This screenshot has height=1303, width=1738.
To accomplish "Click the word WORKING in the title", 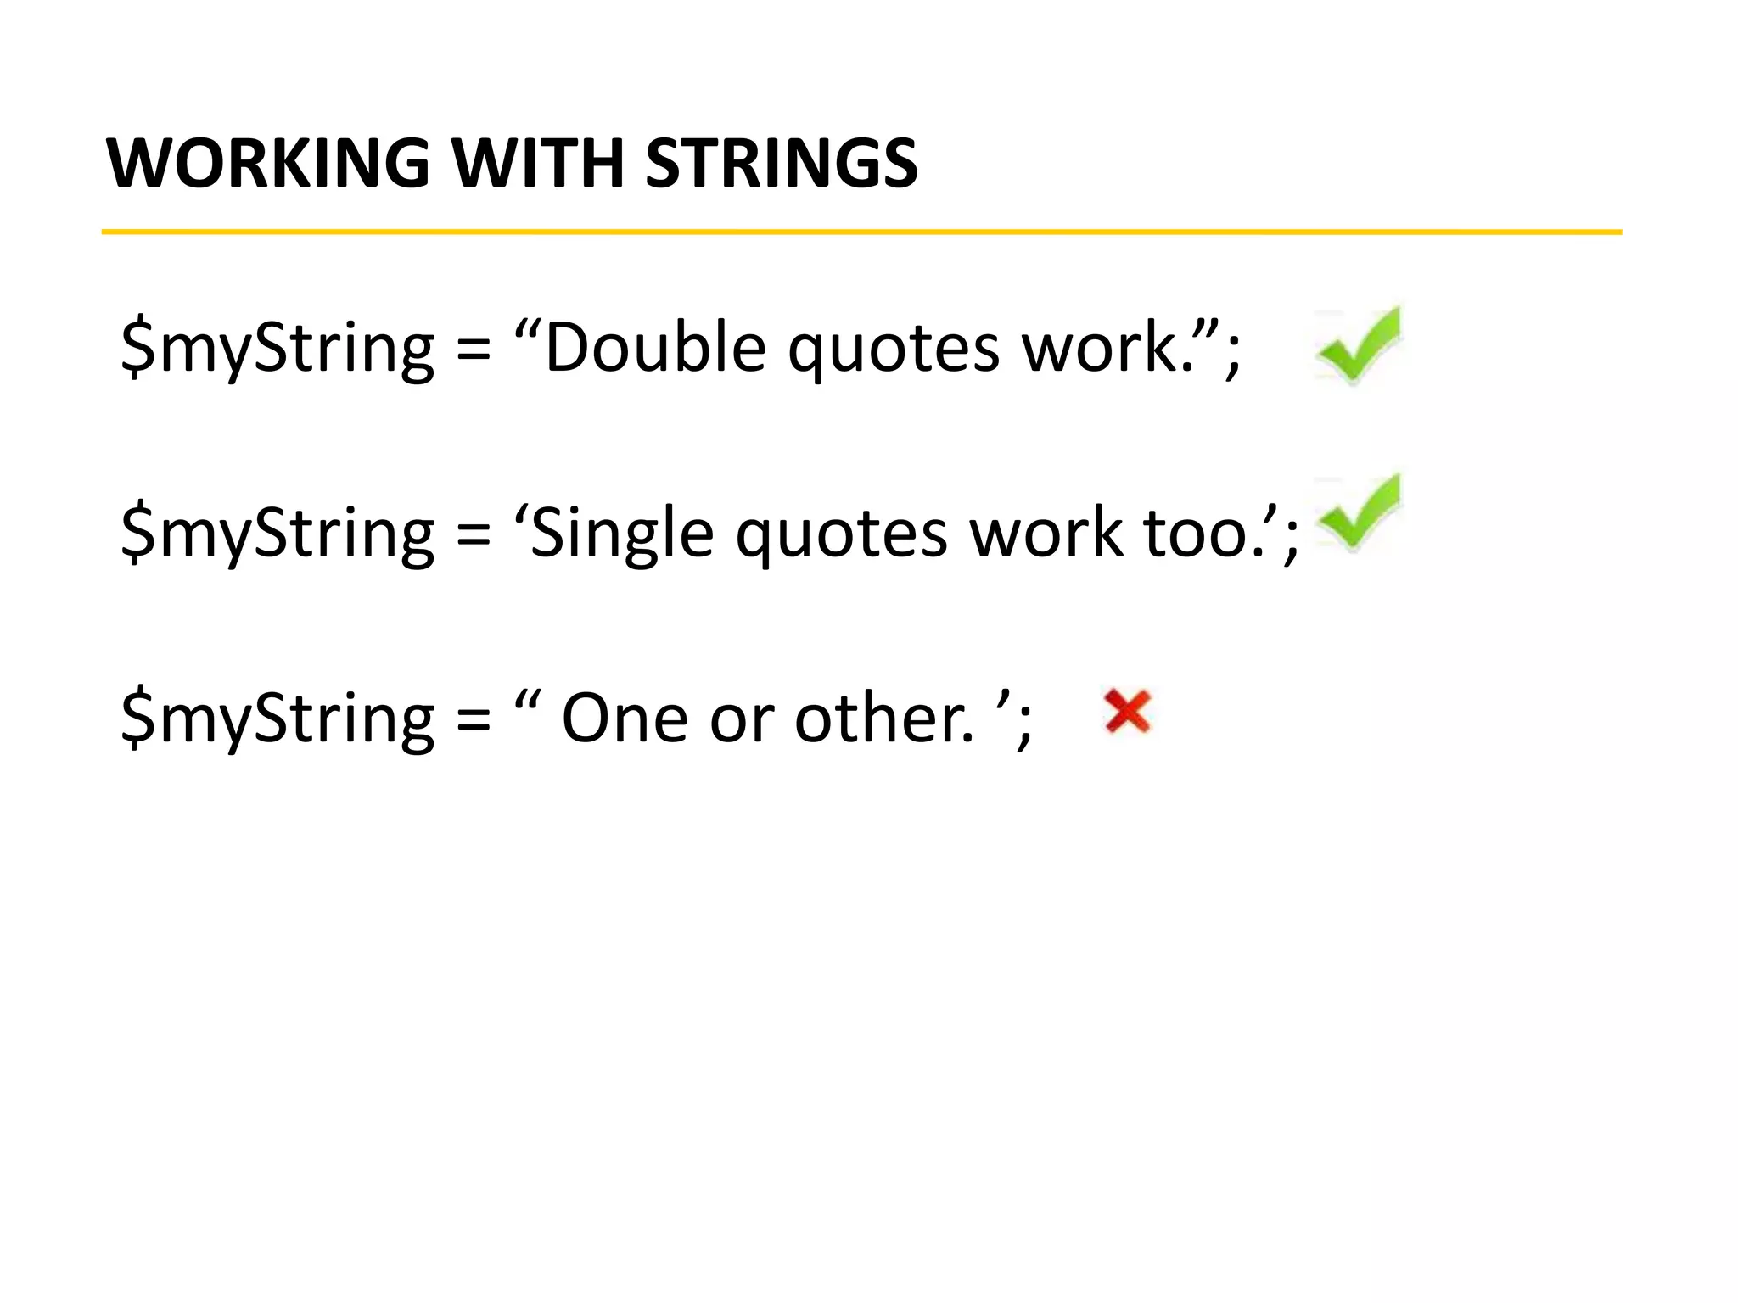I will pyautogui.click(x=267, y=163).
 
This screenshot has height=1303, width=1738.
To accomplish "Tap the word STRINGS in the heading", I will pyautogui.click(x=782, y=163).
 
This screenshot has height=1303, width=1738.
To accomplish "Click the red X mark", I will pyautogui.click(x=1127, y=711).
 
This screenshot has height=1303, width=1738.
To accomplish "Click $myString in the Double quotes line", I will pyautogui.click(x=278, y=350).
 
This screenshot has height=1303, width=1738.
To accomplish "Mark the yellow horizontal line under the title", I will pyautogui.click(x=861, y=232).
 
